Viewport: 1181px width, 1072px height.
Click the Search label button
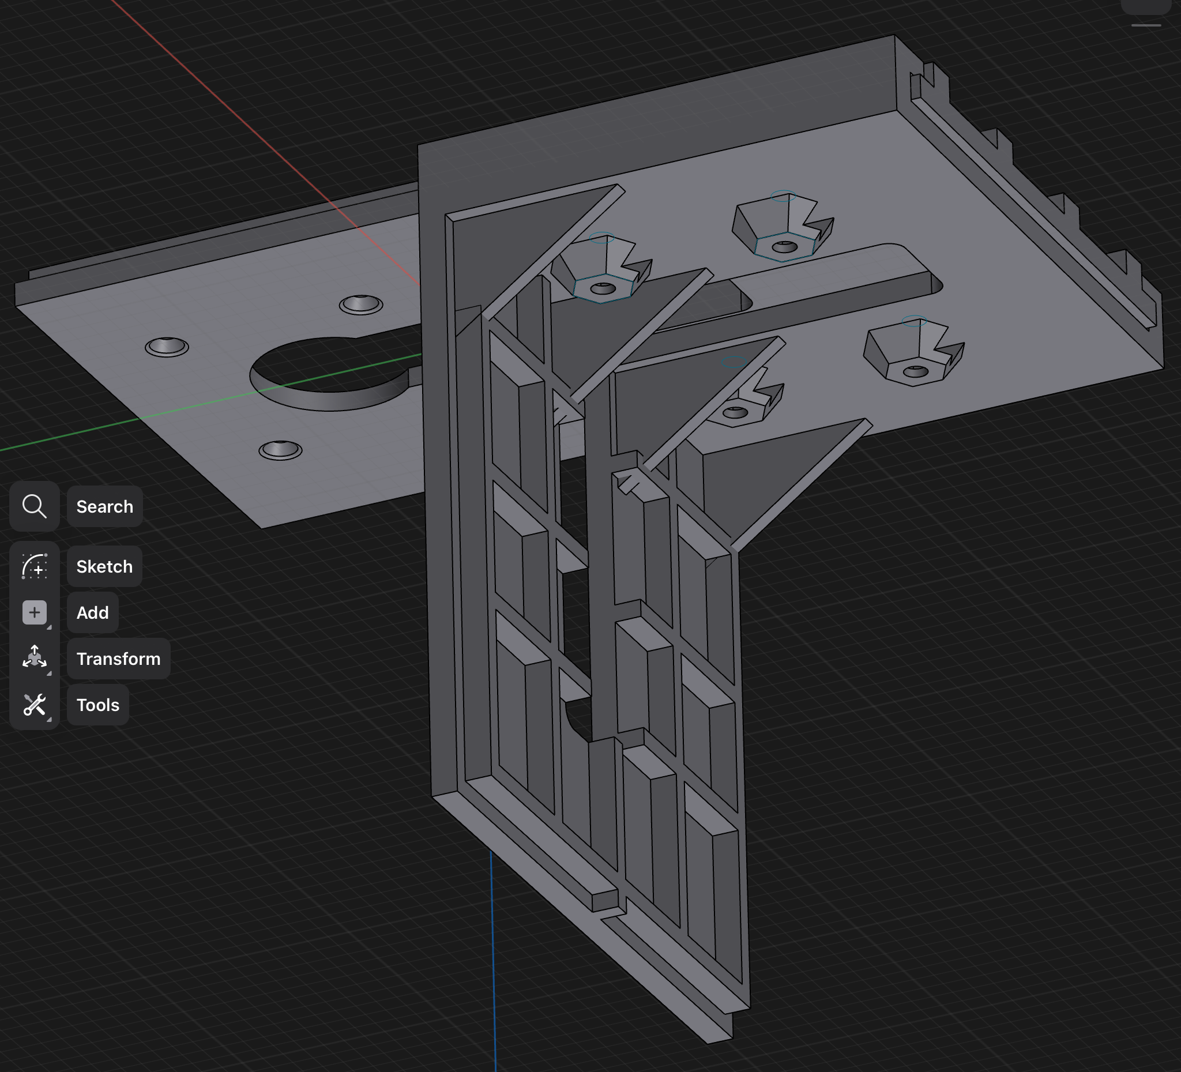[x=104, y=507]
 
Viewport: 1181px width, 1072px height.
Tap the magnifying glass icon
[x=34, y=507]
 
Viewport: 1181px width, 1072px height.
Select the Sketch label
[x=104, y=566]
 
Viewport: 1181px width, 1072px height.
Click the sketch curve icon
[x=34, y=566]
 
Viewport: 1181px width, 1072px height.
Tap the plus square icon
[x=34, y=613]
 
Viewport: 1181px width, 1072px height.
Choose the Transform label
[x=118, y=659]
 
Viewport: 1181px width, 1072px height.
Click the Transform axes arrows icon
[x=34, y=658]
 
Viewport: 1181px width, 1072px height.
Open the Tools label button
[x=98, y=705]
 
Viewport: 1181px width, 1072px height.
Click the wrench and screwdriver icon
[x=34, y=705]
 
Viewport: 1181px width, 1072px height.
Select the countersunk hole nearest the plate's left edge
[x=167, y=347]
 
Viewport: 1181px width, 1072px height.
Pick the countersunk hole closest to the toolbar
[x=281, y=450]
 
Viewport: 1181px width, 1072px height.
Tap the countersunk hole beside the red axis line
[x=361, y=304]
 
